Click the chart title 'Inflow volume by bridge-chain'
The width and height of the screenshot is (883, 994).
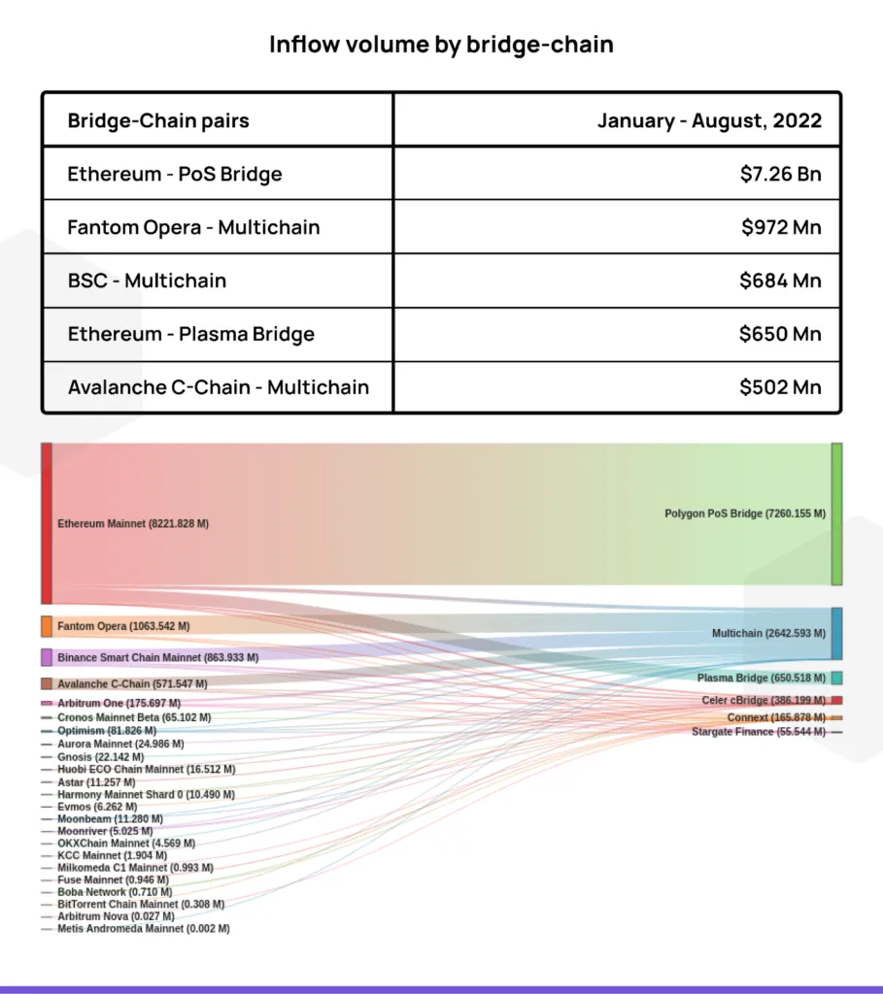pos(441,45)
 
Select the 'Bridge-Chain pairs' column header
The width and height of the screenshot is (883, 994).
pos(158,120)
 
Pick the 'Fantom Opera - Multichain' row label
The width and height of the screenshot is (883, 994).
pos(193,227)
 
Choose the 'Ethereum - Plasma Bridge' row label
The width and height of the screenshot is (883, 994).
pos(191,334)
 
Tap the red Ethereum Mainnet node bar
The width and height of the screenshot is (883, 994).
pos(47,523)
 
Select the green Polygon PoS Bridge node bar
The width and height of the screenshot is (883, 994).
pos(836,514)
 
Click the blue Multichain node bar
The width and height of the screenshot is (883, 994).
pos(836,634)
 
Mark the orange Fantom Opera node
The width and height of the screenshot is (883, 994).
pos(47,626)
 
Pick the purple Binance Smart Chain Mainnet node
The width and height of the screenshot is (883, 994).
pos(47,657)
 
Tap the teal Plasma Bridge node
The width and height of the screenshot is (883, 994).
pos(836,679)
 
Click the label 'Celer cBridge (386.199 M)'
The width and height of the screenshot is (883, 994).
pos(764,701)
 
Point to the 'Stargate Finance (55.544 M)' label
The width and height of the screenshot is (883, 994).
pos(759,732)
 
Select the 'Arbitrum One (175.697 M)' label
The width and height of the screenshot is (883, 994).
pos(119,704)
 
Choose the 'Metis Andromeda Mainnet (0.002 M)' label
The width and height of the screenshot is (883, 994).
pos(144,929)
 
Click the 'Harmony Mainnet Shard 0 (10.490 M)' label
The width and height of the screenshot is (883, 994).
pos(146,795)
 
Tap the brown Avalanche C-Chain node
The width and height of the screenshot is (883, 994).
pos(47,684)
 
